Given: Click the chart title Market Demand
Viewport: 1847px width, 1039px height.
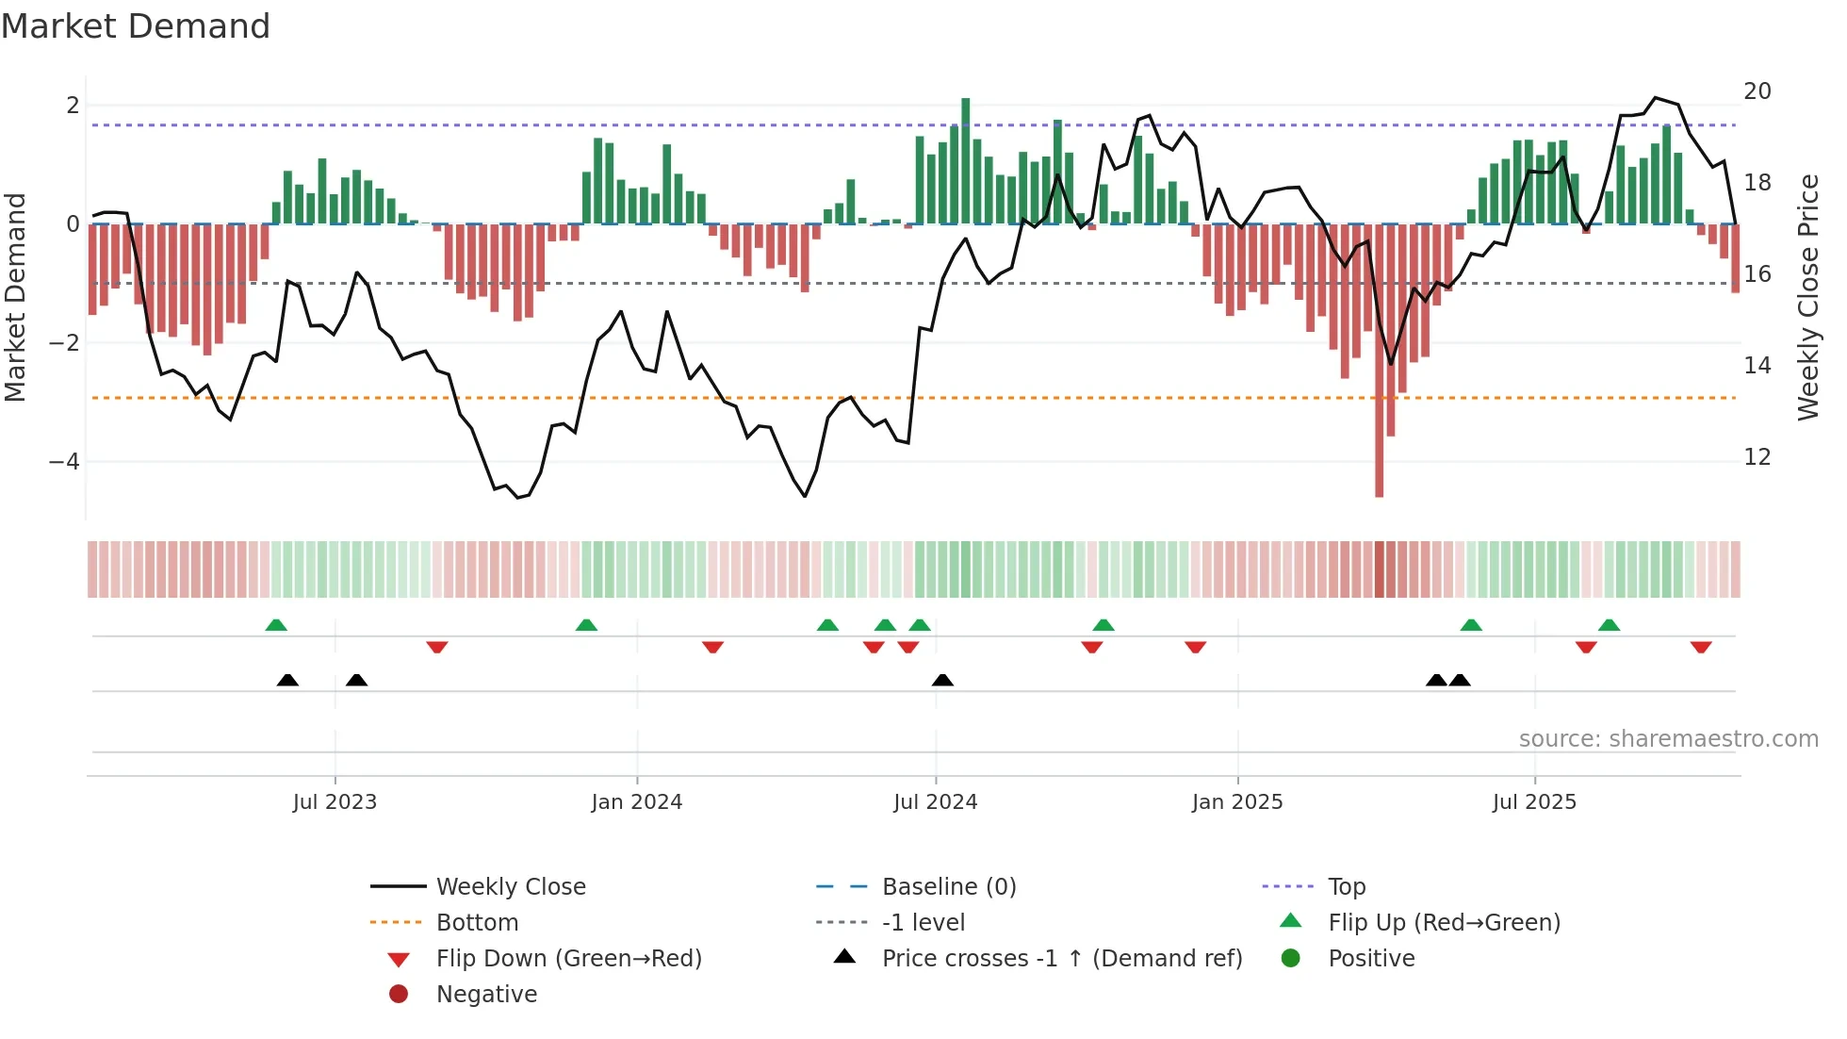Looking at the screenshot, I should point(136,26).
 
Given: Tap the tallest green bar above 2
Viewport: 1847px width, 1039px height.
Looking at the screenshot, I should point(965,160).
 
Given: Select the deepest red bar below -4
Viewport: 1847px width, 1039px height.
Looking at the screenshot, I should point(1379,358).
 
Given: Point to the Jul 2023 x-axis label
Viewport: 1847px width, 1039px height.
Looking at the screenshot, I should point(335,802).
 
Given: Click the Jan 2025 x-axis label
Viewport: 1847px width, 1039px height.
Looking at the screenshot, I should point(1236,802).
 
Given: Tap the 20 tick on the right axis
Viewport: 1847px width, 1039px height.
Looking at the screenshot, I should point(1757,91).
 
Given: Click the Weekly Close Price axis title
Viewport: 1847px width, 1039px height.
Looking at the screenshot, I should point(1807,297).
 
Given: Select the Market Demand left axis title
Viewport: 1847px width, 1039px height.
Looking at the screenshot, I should point(16,297).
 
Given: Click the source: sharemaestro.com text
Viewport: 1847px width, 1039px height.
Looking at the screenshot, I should point(1668,739).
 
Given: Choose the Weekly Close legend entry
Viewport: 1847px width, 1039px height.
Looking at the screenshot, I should point(510,887).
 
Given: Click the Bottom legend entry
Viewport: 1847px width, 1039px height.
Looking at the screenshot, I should point(477,923).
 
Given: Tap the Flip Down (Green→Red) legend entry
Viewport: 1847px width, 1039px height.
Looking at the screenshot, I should point(568,959).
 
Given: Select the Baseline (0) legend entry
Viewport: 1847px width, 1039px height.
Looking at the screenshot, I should point(948,887).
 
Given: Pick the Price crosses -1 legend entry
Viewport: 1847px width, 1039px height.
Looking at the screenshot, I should point(1061,959).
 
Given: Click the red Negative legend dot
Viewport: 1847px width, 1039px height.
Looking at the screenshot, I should point(399,995).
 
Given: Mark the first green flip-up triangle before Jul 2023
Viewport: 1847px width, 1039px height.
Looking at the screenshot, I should point(276,625).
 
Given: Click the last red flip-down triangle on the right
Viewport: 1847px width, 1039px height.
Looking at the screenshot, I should point(1700,647).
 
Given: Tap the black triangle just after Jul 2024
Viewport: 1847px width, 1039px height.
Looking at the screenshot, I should point(942,680).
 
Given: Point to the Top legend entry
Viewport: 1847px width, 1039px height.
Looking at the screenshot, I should point(1346,887).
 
